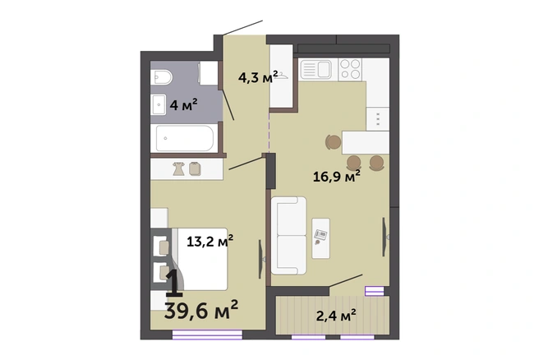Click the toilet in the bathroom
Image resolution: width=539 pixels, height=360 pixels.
click(161, 77)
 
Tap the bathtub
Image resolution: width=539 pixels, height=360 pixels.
click(185, 138)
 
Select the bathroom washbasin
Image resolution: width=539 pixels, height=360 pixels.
click(159, 104)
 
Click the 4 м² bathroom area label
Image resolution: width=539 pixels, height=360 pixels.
click(183, 104)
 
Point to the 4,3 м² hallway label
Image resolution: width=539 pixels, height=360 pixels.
click(258, 77)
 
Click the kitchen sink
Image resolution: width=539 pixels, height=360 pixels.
click(316, 70)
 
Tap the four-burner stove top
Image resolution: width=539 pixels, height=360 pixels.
click(350, 70)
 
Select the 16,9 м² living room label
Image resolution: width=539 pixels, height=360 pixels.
click(337, 177)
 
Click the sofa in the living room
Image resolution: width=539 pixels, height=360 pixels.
click(288, 236)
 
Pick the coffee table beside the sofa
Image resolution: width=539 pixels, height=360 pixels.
click(320, 238)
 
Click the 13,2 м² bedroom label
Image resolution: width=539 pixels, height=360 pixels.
click(210, 241)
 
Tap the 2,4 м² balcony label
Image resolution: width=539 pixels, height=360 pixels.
click(336, 316)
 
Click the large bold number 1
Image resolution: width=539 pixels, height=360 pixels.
click(173, 283)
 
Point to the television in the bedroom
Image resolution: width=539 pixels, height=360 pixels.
click(261, 259)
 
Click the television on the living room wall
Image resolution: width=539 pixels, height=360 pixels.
click(385, 237)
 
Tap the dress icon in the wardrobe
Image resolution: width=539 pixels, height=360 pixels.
click(179, 168)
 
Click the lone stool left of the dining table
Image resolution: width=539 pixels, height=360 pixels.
click(333, 141)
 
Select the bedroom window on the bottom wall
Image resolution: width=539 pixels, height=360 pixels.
click(207, 335)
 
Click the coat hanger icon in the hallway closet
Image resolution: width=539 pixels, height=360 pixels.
click(282, 76)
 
